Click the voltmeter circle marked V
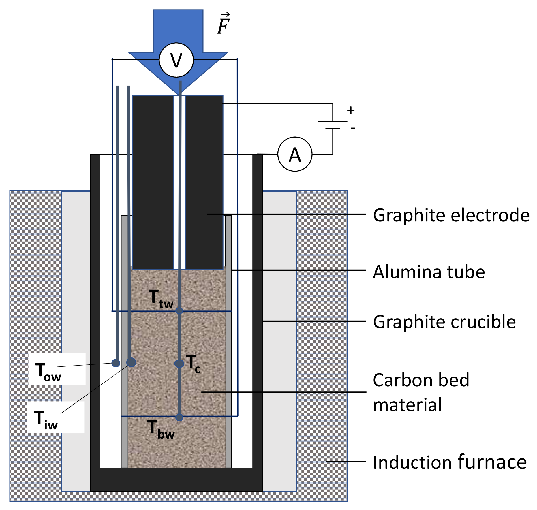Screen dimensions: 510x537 (176, 60)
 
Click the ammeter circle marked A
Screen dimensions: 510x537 (295, 154)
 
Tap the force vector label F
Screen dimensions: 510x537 (224, 25)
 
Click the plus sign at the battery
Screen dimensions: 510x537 (351, 110)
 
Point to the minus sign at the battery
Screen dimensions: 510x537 (353, 128)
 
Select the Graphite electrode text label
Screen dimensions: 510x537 (451, 215)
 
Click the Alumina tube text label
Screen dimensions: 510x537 (429, 272)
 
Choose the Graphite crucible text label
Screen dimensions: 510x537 (444, 322)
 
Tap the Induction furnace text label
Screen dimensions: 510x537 (450, 462)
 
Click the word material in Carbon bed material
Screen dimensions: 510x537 (407, 404)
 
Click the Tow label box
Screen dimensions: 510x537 (57, 370)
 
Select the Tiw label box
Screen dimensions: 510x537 (56, 417)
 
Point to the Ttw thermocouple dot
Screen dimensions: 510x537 (179, 311)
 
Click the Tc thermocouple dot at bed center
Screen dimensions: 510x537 (179, 364)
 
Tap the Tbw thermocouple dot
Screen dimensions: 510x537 (179, 417)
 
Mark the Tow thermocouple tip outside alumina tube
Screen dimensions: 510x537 (116, 363)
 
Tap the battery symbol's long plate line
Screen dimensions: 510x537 (333, 121)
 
